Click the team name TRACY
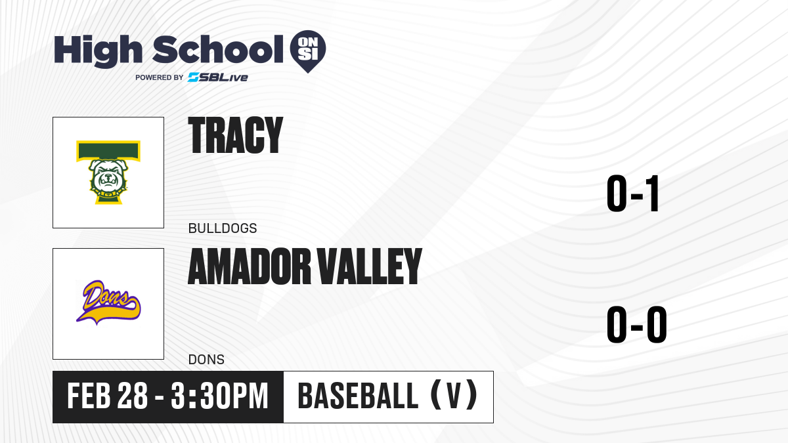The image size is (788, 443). [235, 135]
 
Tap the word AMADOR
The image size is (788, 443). [250, 266]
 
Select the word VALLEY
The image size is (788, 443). [369, 266]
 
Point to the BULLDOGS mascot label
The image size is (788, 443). [223, 228]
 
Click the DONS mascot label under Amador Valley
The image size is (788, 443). [206, 360]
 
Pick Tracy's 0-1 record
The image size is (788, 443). [633, 194]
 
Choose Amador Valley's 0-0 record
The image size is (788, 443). [637, 324]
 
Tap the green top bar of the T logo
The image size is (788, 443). [108, 151]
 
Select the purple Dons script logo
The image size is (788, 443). [108, 303]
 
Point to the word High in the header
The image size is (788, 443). [98, 51]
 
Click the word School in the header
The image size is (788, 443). [218, 50]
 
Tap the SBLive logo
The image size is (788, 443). [218, 77]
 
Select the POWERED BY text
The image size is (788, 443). [160, 77]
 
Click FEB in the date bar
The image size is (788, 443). [89, 396]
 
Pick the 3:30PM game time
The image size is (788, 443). [220, 396]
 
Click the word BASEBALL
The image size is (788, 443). [358, 396]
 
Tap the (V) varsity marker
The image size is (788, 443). [454, 396]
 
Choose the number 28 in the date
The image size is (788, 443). [132, 396]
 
